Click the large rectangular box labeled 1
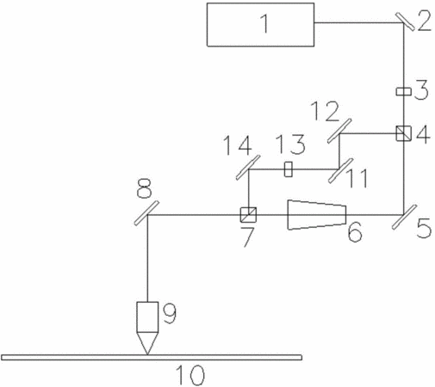pos(260,24)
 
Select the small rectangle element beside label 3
pos(403,91)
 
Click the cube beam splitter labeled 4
pos(403,133)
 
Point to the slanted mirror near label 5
pos(404,217)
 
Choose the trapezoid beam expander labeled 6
pos(317,215)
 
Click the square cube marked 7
pos(248,215)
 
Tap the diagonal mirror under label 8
pos(146,213)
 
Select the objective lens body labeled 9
pos(147,317)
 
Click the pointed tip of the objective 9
pos(147,354)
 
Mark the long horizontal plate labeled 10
pos(152,358)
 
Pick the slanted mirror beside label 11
pos(340,170)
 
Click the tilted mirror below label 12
pos(339,131)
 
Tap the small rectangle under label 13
pos(289,169)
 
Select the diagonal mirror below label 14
pos(248,168)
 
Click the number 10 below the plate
pos(190,375)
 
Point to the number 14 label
pos(238,145)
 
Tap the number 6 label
pos(355,232)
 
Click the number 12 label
pos(325,111)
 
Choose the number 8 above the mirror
pos(145,188)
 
